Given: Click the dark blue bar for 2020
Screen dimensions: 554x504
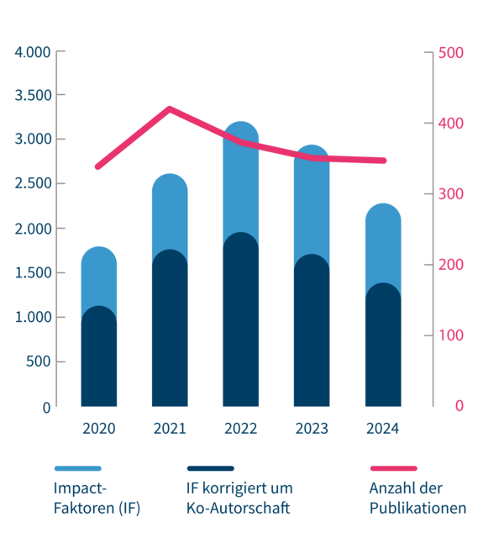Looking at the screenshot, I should [98, 361].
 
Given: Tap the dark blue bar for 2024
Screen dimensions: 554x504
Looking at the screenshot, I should [383, 349].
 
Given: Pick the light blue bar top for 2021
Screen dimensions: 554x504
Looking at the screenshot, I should [170, 206].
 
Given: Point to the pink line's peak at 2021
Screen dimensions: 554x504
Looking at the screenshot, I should [170, 108].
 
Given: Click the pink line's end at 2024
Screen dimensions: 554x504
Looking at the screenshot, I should [383, 161].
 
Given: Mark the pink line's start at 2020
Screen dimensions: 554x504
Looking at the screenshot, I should [98, 166].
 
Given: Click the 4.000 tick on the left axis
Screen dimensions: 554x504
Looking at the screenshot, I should [34, 51].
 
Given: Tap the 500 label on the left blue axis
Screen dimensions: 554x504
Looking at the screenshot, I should [38, 362].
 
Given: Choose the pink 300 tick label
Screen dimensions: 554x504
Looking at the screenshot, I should [451, 194].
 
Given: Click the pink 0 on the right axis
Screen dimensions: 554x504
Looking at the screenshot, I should [459, 406].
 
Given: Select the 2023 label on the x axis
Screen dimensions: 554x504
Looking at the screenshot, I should [312, 429].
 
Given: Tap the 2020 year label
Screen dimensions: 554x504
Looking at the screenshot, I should [98, 429].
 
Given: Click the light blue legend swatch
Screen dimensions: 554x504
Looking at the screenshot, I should [78, 467].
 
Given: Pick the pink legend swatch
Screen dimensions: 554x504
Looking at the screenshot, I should [393, 467].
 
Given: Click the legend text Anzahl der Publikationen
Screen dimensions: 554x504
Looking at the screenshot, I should [417, 499].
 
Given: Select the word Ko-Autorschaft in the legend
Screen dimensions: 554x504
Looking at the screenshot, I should [238, 509].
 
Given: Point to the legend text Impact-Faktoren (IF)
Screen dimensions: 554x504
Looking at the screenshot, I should [97, 499].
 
